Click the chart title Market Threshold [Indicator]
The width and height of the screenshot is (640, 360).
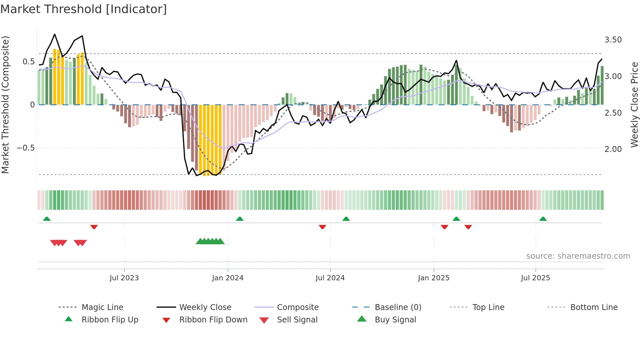(84, 9)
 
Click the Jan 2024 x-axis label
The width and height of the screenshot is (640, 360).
(228, 278)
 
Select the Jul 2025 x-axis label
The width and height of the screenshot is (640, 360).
(535, 278)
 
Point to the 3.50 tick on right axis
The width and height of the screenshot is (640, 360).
(613, 40)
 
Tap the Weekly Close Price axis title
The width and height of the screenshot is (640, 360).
(634, 105)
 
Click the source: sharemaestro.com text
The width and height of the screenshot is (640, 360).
(578, 256)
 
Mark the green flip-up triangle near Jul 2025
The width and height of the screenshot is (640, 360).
(543, 219)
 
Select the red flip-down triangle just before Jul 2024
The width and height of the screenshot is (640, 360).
(322, 227)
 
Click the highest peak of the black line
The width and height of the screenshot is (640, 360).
(55, 34)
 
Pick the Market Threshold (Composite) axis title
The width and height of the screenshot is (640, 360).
(5, 105)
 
